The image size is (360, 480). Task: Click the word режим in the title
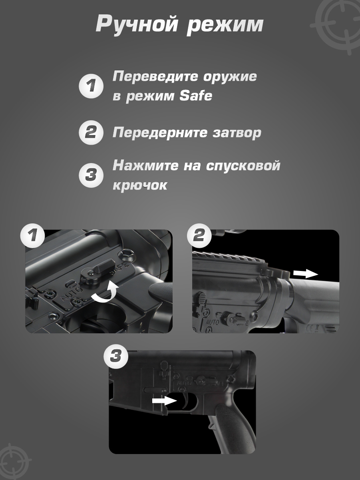pyautogui.click(x=225, y=26)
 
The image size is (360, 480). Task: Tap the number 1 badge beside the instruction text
pyautogui.click(x=91, y=86)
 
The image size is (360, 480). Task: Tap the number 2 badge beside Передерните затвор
pyautogui.click(x=91, y=132)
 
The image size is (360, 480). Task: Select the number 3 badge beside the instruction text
pyautogui.click(x=91, y=175)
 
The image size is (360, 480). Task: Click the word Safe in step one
pyautogui.click(x=196, y=96)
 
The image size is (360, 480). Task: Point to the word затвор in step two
pyautogui.click(x=237, y=133)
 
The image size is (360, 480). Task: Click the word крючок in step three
pyautogui.click(x=140, y=185)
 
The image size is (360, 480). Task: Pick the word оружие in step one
pyautogui.click(x=230, y=77)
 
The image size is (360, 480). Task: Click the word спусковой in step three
pyautogui.click(x=243, y=165)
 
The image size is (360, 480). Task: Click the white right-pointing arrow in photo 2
pyautogui.click(x=306, y=273)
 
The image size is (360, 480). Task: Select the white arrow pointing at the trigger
pyautogui.click(x=164, y=400)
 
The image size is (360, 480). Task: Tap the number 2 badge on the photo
pyautogui.click(x=199, y=235)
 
